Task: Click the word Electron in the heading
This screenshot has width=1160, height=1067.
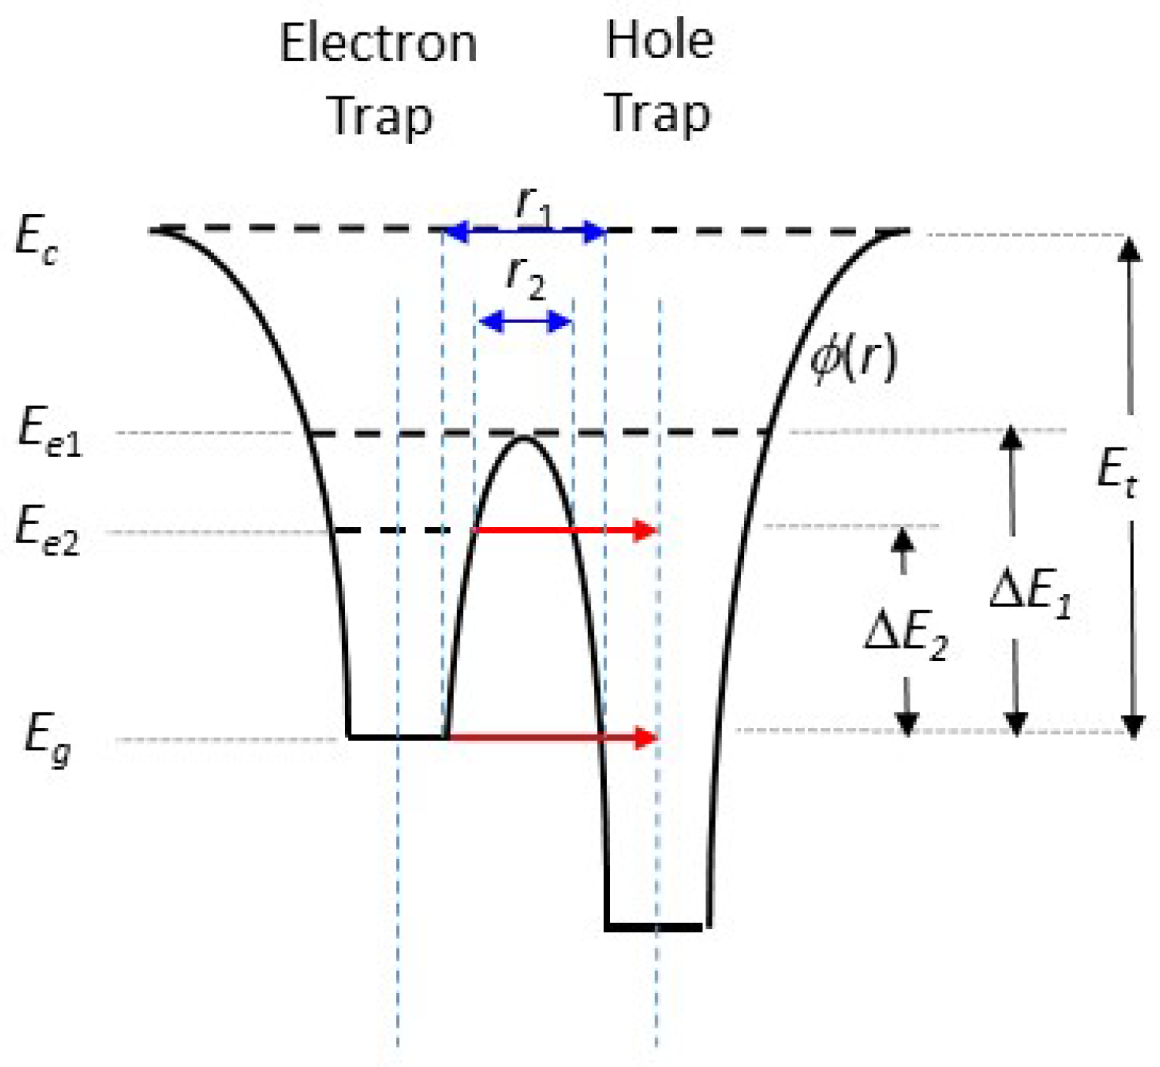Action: pyautogui.click(x=378, y=43)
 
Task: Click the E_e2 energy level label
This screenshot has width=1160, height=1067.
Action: pyautogui.click(x=47, y=532)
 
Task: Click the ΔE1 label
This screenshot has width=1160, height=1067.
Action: pyautogui.click(x=1031, y=593)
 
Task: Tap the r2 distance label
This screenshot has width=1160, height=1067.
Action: pyautogui.click(x=526, y=277)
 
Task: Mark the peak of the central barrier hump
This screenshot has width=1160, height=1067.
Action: pyautogui.click(x=524, y=438)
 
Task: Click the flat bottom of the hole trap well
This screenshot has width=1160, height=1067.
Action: pyautogui.click(x=655, y=927)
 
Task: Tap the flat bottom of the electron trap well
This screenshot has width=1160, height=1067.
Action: pyautogui.click(x=397, y=737)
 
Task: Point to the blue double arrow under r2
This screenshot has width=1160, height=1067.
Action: pyautogui.click(x=525, y=320)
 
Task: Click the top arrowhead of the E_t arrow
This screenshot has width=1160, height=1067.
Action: pyautogui.click(x=1130, y=248)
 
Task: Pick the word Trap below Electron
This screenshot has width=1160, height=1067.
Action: pyautogui.click(x=381, y=117)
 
